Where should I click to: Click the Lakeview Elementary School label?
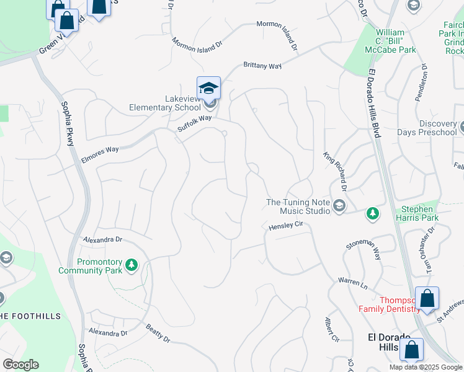click(165, 103)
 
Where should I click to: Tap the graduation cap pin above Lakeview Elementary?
click(208, 87)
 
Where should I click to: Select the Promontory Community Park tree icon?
click(131, 265)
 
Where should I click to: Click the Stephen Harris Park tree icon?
click(372, 214)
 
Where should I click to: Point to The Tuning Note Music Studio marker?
click(339, 206)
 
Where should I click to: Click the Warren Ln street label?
click(352, 283)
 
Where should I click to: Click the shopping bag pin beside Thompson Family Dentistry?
click(427, 299)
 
